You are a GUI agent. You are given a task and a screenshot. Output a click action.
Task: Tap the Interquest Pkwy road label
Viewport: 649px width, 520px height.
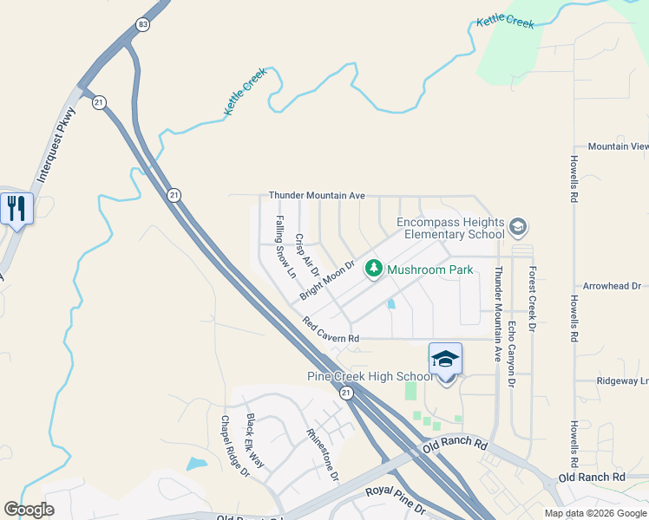(x=57, y=144)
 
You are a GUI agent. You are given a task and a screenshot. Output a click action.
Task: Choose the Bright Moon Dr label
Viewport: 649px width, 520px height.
(x=328, y=280)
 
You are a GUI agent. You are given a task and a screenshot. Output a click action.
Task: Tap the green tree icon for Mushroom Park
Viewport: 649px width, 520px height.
(x=374, y=270)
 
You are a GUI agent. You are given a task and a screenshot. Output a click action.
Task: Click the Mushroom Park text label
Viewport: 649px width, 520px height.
(x=430, y=270)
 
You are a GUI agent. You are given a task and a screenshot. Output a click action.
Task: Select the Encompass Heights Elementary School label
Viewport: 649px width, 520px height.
(x=450, y=228)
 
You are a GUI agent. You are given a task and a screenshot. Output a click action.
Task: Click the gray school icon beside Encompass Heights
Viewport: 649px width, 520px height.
(x=518, y=228)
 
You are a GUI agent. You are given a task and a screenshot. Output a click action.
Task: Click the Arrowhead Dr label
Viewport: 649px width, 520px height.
(x=612, y=285)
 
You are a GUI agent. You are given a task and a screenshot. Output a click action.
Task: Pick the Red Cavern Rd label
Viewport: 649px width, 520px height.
(x=331, y=330)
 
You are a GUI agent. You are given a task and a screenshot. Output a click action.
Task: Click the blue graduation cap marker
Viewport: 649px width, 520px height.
(x=445, y=359)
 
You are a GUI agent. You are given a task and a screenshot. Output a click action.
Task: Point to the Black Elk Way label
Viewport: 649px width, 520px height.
(x=255, y=441)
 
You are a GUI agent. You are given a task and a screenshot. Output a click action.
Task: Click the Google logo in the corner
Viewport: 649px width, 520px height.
(x=29, y=510)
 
